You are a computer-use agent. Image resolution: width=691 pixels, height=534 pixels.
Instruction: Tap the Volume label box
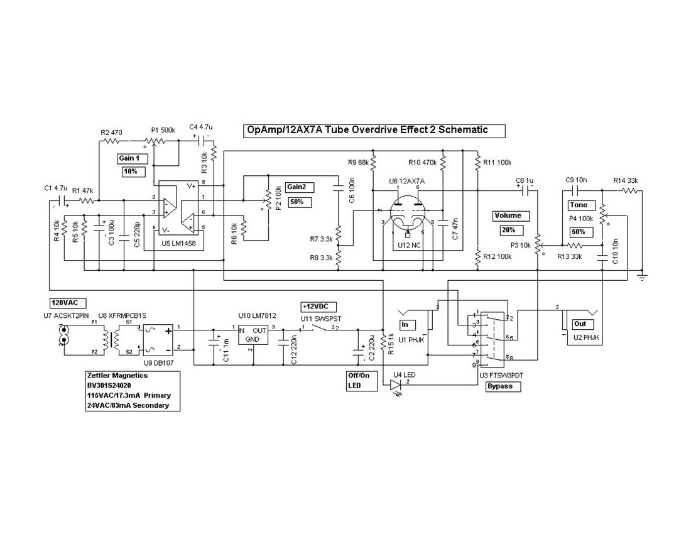tap(508, 215)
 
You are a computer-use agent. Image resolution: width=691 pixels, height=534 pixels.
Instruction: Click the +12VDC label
tap(319, 306)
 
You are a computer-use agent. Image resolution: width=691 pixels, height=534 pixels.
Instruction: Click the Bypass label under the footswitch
tap(504, 386)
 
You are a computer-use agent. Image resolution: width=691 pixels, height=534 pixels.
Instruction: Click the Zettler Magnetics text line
tap(117, 375)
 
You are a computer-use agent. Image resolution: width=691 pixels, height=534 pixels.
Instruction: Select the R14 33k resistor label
tap(626, 180)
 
